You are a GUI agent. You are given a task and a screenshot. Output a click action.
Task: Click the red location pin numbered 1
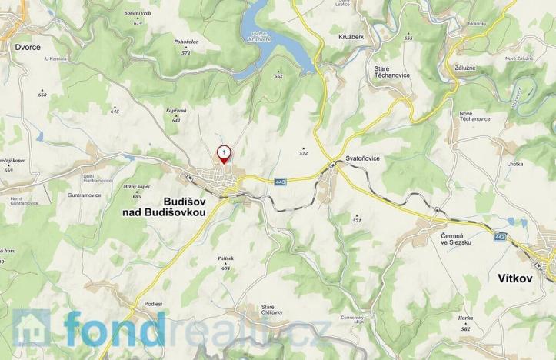(224, 154)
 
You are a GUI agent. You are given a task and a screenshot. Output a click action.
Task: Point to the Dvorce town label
(27, 46)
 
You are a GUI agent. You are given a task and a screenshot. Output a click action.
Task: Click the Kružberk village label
(351, 37)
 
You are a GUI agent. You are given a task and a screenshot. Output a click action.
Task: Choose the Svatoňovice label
(362, 158)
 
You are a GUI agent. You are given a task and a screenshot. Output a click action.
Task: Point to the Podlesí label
(152, 304)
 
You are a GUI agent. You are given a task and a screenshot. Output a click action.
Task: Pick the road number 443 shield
(281, 182)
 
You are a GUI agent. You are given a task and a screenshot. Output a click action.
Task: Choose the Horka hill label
(465, 318)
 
